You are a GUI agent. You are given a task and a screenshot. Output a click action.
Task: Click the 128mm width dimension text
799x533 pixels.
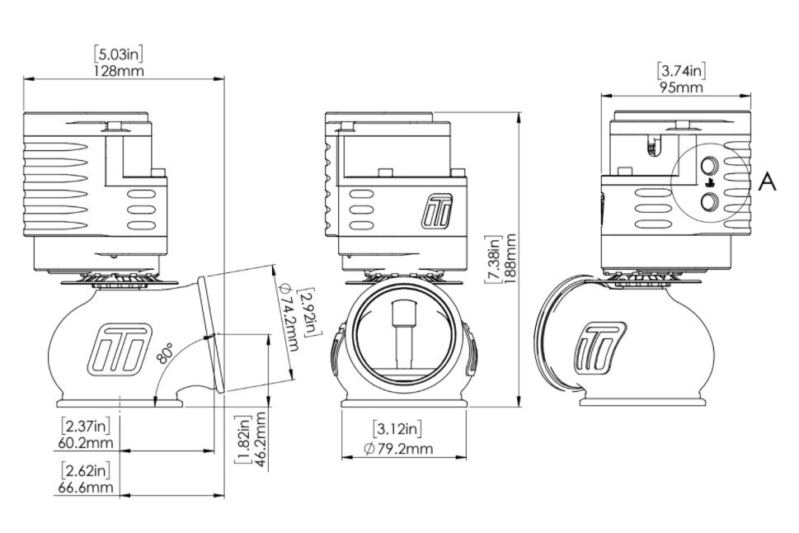click(120, 71)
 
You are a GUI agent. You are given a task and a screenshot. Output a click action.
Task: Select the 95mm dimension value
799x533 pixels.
click(680, 87)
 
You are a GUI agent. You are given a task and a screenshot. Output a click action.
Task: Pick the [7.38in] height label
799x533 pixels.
click(494, 259)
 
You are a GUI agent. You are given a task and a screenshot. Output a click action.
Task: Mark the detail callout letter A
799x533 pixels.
click(767, 182)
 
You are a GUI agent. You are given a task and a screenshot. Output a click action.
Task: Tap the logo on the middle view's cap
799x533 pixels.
click(435, 212)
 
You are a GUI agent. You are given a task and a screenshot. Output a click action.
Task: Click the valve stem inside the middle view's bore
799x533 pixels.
click(403, 338)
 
